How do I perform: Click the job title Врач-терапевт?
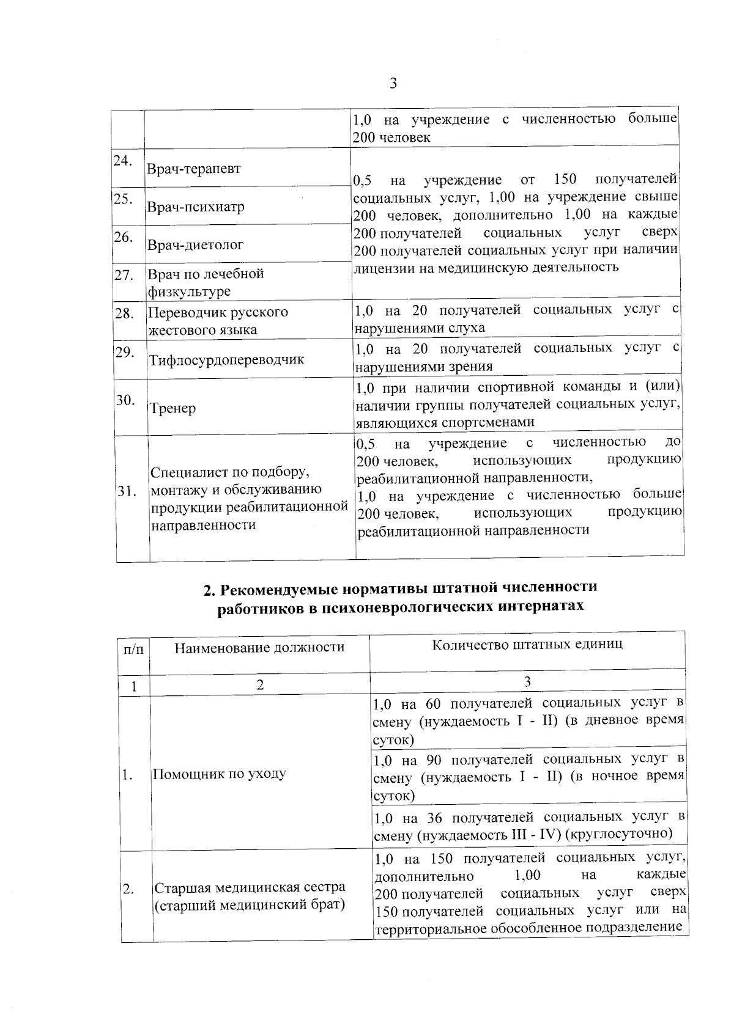click(193, 169)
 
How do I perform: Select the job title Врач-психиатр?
click(195, 207)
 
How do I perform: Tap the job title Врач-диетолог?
click(195, 245)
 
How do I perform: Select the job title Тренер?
click(173, 408)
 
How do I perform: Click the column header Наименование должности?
click(259, 647)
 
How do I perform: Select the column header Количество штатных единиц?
click(527, 645)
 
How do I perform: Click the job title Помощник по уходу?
click(219, 774)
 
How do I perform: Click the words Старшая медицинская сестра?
click(249, 887)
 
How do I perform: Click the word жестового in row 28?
click(178, 331)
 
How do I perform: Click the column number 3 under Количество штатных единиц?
click(527, 682)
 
